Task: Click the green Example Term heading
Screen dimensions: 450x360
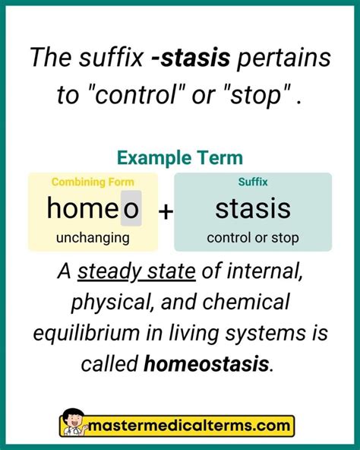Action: click(x=180, y=158)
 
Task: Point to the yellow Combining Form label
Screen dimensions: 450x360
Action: click(x=93, y=182)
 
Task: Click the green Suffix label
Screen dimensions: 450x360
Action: click(x=253, y=182)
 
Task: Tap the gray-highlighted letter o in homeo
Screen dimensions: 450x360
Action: click(x=131, y=208)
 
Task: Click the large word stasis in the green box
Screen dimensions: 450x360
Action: click(x=253, y=208)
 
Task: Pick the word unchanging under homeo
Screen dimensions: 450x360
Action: click(x=93, y=237)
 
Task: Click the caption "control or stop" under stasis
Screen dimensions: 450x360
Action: click(x=253, y=237)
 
